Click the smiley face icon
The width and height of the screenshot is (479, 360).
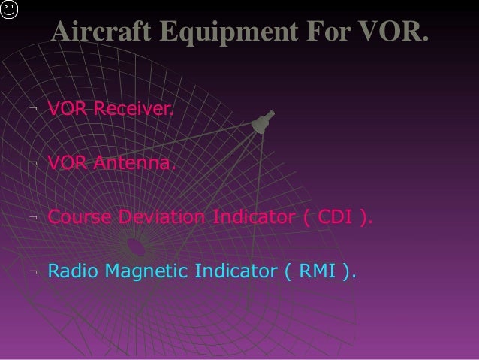coord(8,14)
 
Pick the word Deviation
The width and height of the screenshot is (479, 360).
coord(162,217)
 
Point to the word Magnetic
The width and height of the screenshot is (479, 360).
coord(147,271)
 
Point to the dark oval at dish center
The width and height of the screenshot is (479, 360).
coord(135,245)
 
